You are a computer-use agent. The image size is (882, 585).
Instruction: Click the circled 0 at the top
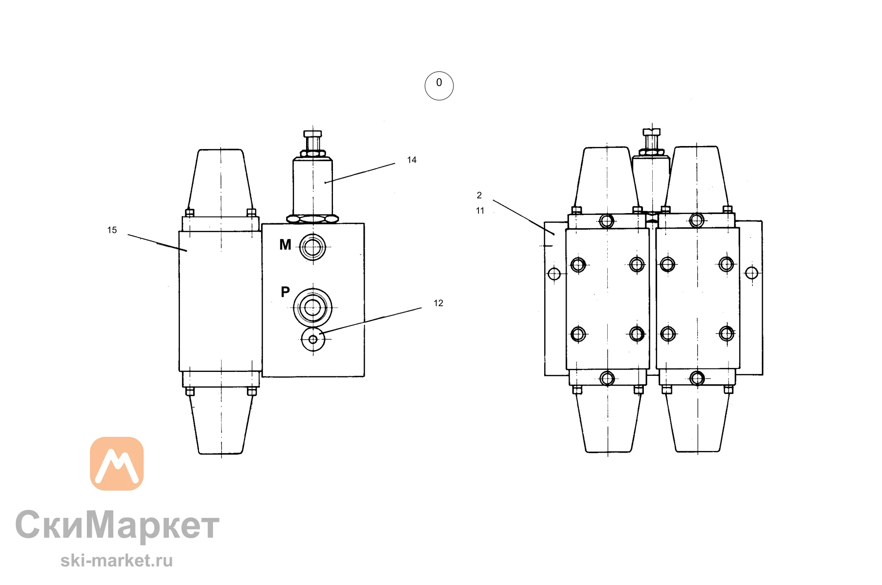pyautogui.click(x=439, y=86)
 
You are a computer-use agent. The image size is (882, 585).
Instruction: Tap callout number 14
pyautogui.click(x=411, y=160)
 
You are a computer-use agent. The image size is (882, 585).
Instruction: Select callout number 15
pyautogui.click(x=112, y=230)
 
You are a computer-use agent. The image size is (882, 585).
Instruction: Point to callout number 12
pyautogui.click(x=438, y=303)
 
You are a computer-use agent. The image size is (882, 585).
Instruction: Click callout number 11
pyautogui.click(x=480, y=211)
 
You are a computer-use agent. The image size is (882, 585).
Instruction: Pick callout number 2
pyautogui.click(x=479, y=195)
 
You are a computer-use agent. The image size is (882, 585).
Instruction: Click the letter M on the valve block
pyautogui.click(x=285, y=244)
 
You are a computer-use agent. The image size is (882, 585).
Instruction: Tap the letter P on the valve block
pyautogui.click(x=285, y=292)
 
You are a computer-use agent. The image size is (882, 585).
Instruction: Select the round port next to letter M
pyautogui.click(x=313, y=247)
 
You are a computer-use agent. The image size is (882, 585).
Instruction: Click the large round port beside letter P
pyautogui.click(x=313, y=307)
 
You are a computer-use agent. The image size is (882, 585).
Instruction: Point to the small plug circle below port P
pyautogui.click(x=313, y=339)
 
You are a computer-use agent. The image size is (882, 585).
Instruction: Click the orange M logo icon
pyautogui.click(x=117, y=464)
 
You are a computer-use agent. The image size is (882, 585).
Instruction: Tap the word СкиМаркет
pyautogui.click(x=117, y=525)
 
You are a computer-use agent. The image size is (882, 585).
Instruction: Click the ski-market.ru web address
pyautogui.click(x=116, y=560)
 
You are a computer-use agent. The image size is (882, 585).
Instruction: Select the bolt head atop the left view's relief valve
pyautogui.click(x=313, y=134)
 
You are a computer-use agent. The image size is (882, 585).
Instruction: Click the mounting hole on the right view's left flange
pyautogui.click(x=554, y=274)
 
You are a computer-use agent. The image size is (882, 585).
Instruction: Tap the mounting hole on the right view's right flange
pyautogui.click(x=752, y=273)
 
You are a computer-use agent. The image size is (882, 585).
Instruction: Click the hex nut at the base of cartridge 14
pyautogui.click(x=313, y=218)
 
